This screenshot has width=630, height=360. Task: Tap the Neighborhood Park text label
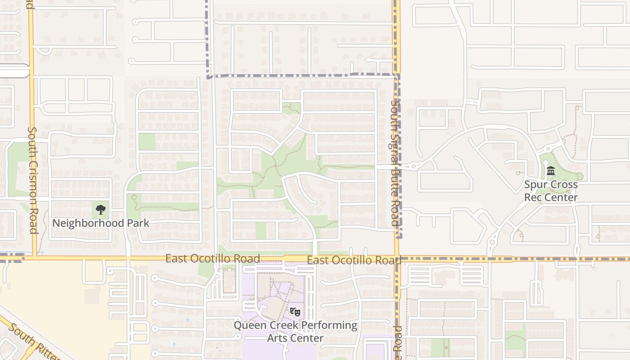(x=101, y=223)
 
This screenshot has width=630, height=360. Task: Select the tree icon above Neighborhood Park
(x=101, y=209)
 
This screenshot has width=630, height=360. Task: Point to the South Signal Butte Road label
(x=395, y=163)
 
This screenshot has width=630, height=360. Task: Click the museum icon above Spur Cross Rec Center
(x=551, y=171)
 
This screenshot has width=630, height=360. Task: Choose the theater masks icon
(x=295, y=311)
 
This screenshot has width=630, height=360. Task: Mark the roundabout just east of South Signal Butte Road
(x=414, y=166)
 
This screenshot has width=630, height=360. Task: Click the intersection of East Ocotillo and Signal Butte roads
(x=396, y=259)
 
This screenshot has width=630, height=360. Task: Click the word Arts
(x=278, y=338)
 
